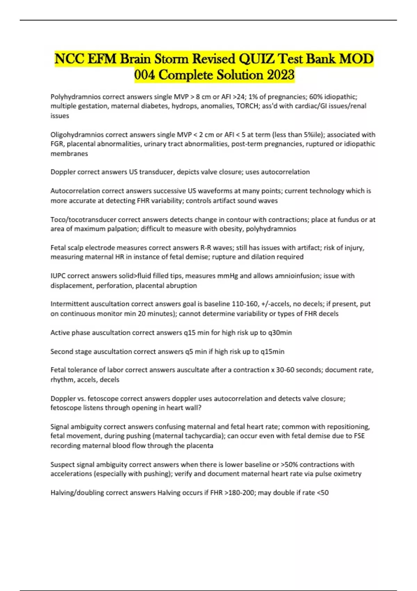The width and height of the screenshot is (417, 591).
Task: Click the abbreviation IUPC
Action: tap(58, 276)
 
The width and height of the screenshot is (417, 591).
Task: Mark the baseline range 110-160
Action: tap(245, 304)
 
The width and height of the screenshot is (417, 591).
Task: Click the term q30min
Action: tap(280, 333)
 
